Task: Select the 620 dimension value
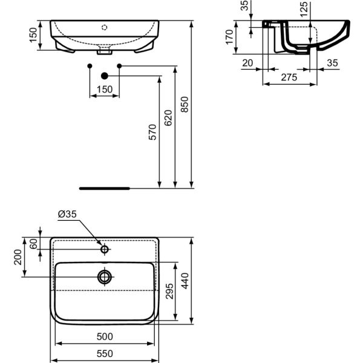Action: click(x=168, y=116)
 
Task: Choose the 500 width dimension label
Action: click(x=105, y=336)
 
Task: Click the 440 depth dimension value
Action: click(x=186, y=281)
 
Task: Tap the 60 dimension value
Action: click(x=34, y=243)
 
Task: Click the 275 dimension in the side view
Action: click(x=289, y=77)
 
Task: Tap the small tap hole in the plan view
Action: click(x=105, y=249)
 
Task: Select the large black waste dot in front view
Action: click(x=105, y=76)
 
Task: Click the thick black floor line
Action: click(x=104, y=188)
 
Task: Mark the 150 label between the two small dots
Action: click(x=105, y=90)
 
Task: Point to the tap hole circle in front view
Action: click(x=105, y=27)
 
